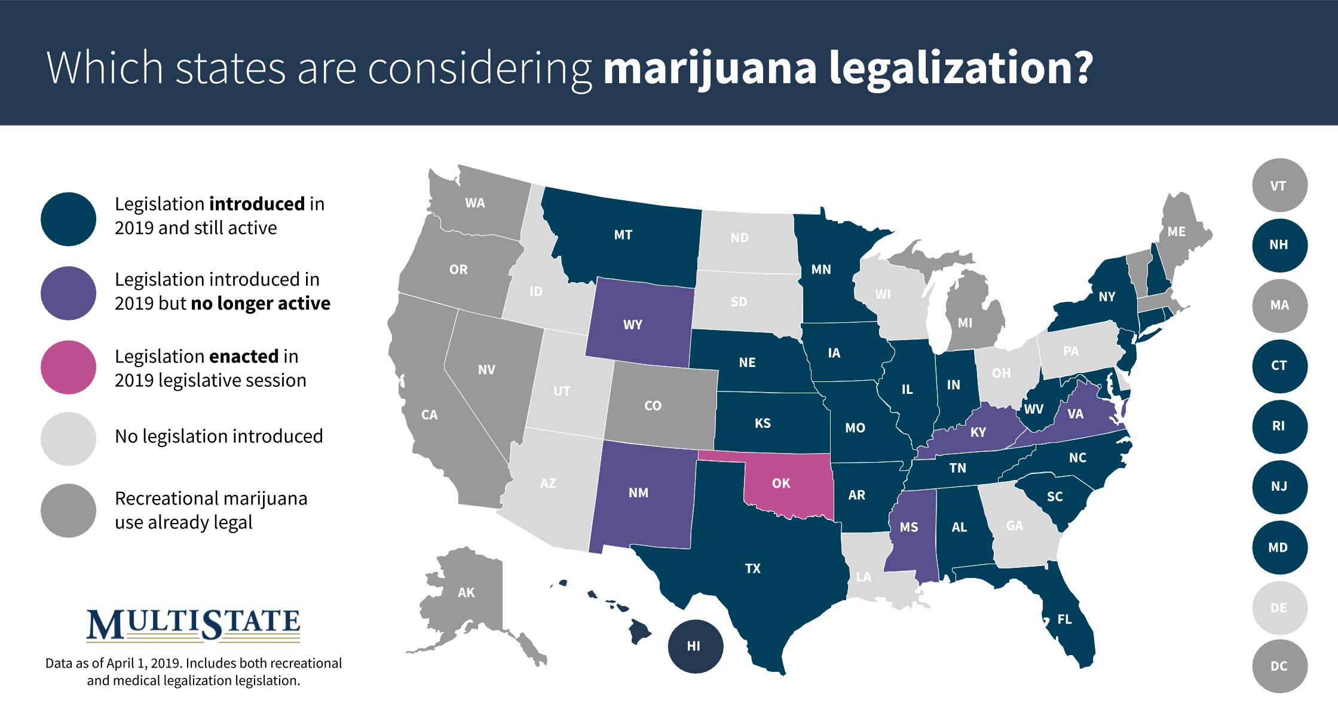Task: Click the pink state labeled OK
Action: pos(781,484)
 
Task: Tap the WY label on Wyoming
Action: pos(632,325)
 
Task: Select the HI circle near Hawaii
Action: pos(694,646)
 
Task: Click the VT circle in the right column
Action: pos(1278,186)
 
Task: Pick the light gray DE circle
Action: pos(1278,608)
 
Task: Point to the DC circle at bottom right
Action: pos(1278,666)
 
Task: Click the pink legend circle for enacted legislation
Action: pos(69,368)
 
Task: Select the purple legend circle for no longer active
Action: pos(69,293)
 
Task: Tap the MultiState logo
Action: pos(194,625)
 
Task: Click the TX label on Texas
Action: pos(752,568)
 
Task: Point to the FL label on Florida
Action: pos(1064,619)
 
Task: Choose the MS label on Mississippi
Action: pos(908,527)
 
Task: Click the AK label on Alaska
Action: pos(466,592)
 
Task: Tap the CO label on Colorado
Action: pos(653,406)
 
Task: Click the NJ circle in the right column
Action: pos(1278,487)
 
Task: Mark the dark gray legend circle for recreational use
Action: pos(69,510)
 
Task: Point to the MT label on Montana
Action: pos(623,235)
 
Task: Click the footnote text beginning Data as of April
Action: pos(194,672)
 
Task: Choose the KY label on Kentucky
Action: pos(978,432)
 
